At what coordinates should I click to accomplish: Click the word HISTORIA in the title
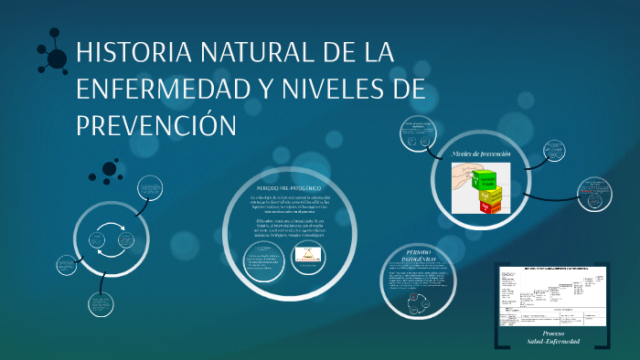[x=133, y=54]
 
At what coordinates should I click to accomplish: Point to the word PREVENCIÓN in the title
[x=156, y=123]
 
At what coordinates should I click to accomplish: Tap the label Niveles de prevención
[x=481, y=154]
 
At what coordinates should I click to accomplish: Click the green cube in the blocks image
[x=485, y=178]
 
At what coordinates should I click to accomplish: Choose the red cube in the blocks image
[x=492, y=206]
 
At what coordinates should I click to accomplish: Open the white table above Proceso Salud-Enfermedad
[x=551, y=296]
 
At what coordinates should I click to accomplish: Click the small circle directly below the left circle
[x=103, y=304]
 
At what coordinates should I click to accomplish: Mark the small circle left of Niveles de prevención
[x=419, y=136]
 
